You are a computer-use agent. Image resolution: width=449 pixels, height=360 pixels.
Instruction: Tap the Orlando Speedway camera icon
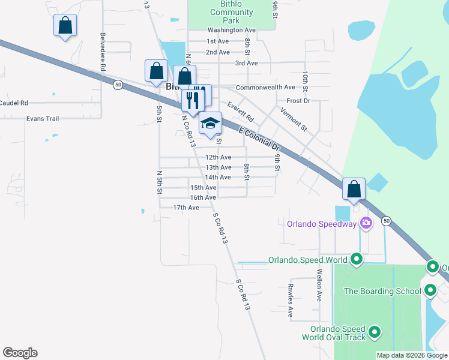pyautogui.click(x=366, y=223)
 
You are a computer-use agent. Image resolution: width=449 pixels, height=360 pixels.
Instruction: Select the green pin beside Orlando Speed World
pyautogui.click(x=357, y=260)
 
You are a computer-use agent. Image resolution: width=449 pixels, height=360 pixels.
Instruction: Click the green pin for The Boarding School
pyautogui.click(x=430, y=291)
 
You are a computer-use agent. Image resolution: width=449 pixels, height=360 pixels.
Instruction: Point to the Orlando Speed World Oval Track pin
pyautogui.click(x=375, y=332)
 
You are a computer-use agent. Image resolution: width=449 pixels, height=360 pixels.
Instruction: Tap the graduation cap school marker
pyautogui.click(x=210, y=124)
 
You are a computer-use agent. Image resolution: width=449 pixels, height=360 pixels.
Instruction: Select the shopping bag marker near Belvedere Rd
pyautogui.click(x=65, y=26)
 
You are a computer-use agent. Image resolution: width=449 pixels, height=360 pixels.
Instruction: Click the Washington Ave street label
pyautogui.click(x=232, y=30)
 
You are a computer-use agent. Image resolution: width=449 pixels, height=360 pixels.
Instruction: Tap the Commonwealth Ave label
pyautogui.click(x=265, y=88)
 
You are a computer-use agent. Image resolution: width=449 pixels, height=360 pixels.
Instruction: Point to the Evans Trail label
pyautogui.click(x=43, y=119)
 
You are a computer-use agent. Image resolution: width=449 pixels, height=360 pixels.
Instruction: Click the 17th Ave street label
pyautogui.click(x=186, y=208)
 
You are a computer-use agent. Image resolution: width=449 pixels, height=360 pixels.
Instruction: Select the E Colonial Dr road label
pyautogui.click(x=259, y=139)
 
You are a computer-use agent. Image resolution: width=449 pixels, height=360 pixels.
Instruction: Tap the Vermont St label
pyautogui.click(x=294, y=119)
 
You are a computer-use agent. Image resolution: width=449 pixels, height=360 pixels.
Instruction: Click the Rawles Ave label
pyautogui.click(x=290, y=299)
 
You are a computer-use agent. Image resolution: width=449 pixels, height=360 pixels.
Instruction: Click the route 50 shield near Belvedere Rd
pyautogui.click(x=118, y=85)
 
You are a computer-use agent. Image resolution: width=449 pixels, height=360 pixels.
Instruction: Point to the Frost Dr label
pyautogui.click(x=298, y=101)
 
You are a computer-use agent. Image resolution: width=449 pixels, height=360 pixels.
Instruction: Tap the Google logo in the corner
pyautogui.click(x=20, y=353)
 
